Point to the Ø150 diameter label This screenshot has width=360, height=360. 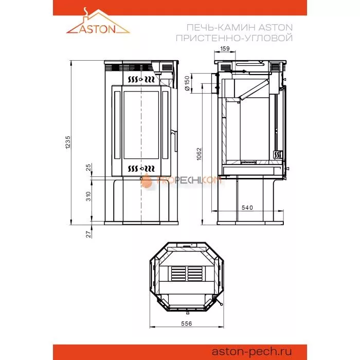coord(187,83)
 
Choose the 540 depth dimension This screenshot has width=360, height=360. coord(248,207)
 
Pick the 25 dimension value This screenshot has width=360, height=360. coord(88,168)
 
